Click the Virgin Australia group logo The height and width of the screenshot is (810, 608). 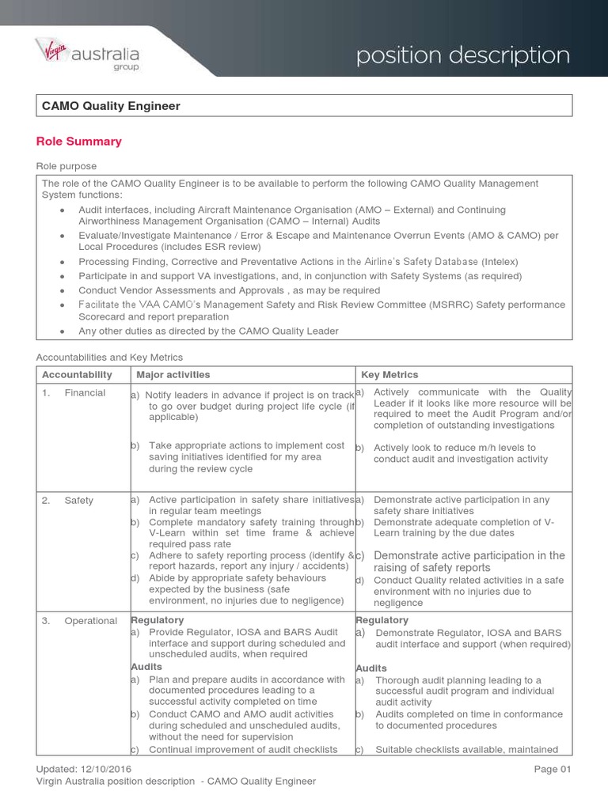click(x=87, y=55)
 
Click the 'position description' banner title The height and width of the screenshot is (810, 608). click(x=462, y=55)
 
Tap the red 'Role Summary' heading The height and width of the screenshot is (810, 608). click(x=79, y=142)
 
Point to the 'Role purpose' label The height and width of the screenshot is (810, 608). click(x=66, y=166)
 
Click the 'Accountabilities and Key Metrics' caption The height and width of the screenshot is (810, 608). click(x=109, y=358)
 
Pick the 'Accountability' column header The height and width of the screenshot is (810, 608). click(x=77, y=374)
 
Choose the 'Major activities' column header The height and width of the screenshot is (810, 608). click(x=173, y=374)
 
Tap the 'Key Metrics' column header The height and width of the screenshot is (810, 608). click(x=389, y=374)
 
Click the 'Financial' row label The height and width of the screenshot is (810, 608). click(x=85, y=393)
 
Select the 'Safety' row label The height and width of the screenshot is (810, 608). click(x=78, y=500)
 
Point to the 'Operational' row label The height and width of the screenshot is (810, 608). click(x=90, y=621)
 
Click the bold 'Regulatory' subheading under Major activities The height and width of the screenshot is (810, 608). click(x=157, y=620)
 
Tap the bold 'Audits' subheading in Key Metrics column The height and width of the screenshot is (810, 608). click(x=371, y=668)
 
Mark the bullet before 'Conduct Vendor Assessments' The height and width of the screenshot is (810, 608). click(x=63, y=290)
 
